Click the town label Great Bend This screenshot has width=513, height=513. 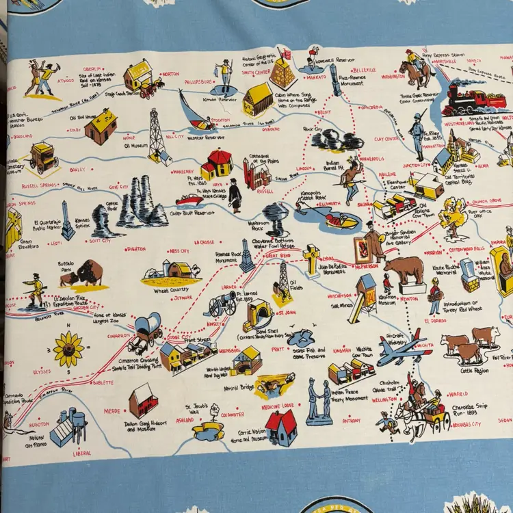click(x=278, y=255)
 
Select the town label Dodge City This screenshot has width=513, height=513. click(x=179, y=337)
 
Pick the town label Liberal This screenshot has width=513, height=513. click(x=82, y=453)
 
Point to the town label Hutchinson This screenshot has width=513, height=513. click(x=339, y=295)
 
